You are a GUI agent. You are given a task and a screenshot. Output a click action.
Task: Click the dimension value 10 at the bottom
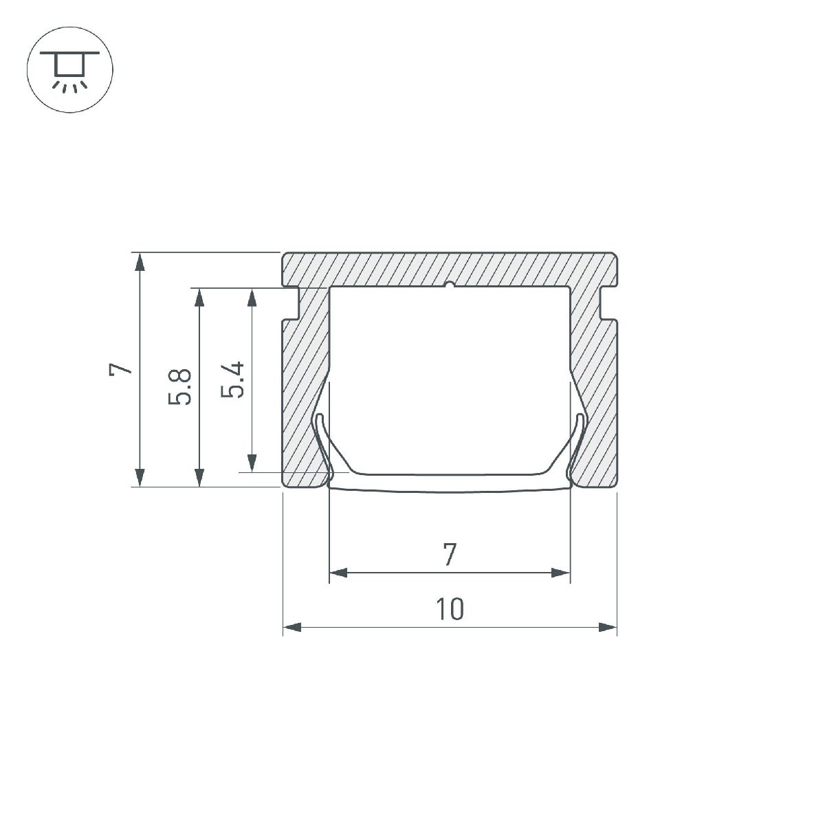click(450, 608)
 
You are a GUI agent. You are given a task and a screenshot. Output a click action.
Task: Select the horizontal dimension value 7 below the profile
click(450, 553)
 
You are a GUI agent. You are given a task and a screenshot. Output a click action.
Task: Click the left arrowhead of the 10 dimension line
click(291, 627)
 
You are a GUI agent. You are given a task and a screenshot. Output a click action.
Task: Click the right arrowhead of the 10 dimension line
click(608, 627)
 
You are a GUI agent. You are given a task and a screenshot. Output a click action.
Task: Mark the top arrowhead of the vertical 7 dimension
click(140, 262)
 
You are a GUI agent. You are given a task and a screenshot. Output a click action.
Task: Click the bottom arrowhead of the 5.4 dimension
click(252, 463)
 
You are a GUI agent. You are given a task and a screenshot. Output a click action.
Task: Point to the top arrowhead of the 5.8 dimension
click(199, 296)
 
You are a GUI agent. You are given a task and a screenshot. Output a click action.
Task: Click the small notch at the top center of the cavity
click(450, 285)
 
